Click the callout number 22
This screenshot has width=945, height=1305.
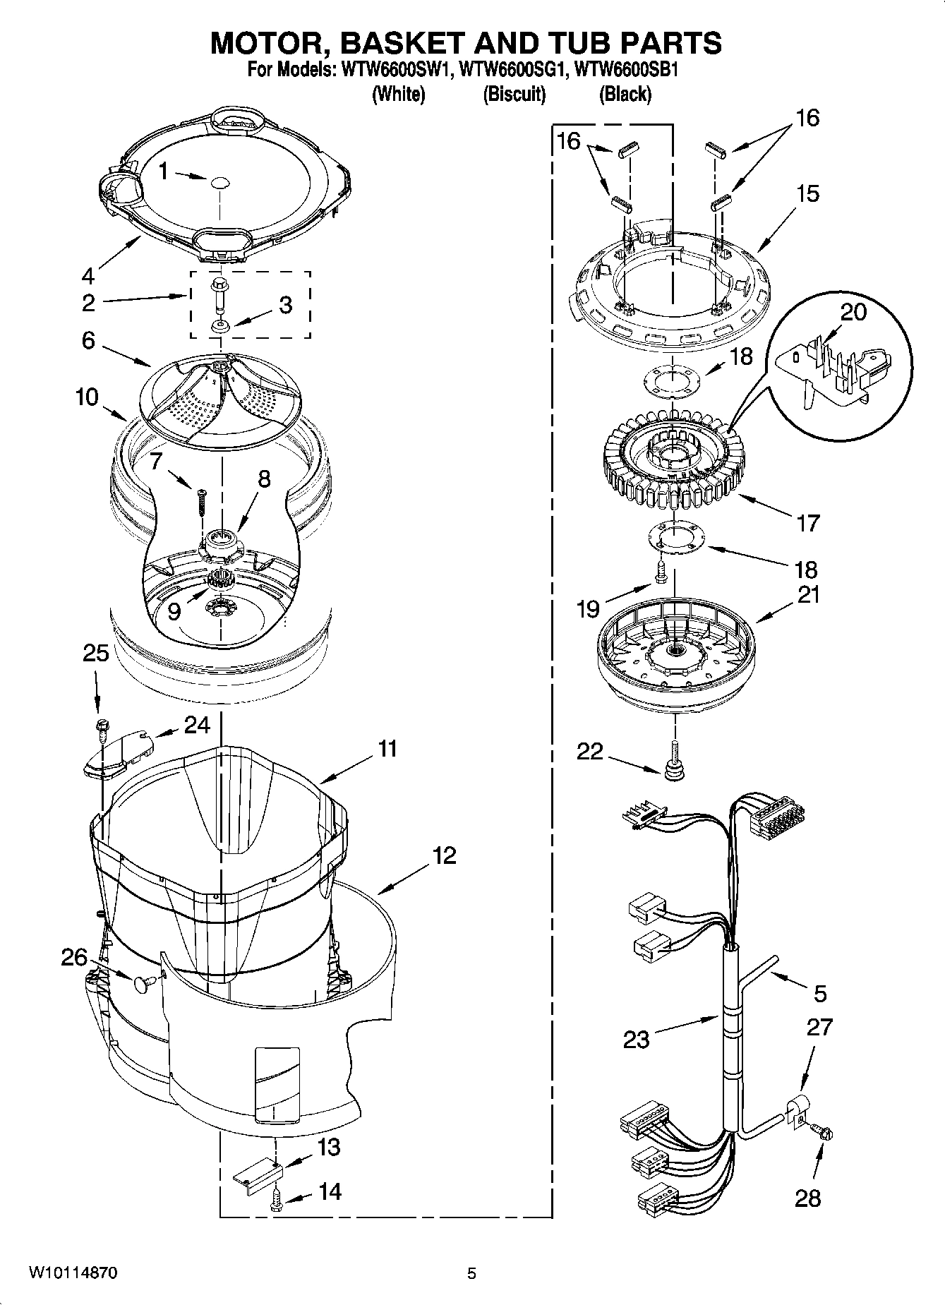[x=589, y=752]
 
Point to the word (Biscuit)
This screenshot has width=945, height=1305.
[x=514, y=94]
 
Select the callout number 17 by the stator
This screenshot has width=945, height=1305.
[x=809, y=523]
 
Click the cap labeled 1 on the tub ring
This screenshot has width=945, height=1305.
[x=219, y=181]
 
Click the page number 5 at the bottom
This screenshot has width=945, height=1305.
[x=471, y=1273]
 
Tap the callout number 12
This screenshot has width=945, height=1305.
[x=444, y=855]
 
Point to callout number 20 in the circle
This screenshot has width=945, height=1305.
[x=853, y=311]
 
